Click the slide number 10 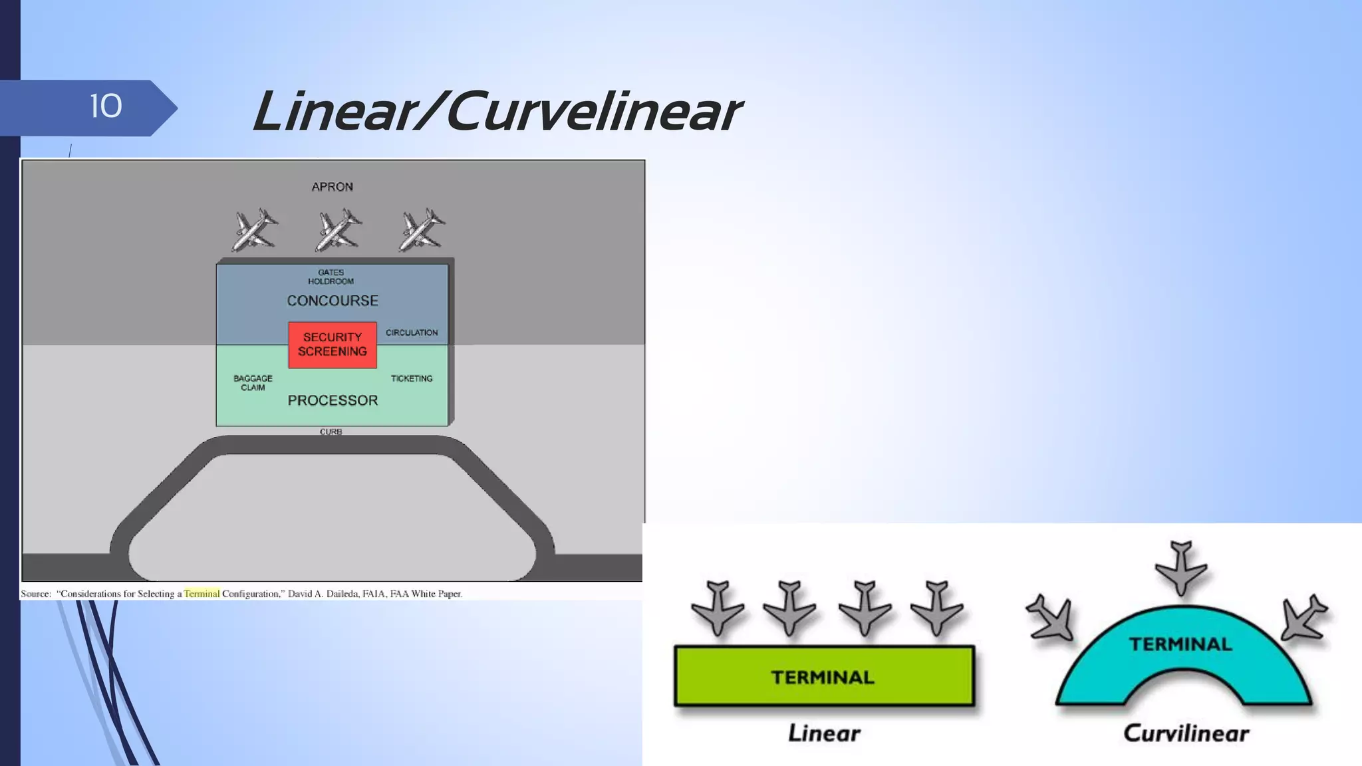106,106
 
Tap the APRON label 332,187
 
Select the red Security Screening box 332,344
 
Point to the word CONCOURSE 333,301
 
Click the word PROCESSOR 333,400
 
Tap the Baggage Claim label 253,382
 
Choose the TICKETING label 412,378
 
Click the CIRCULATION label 412,332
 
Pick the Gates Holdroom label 331,277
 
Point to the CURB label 331,432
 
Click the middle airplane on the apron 338,230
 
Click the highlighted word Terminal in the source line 202,594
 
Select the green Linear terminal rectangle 824,676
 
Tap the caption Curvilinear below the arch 1186,733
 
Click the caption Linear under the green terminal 824,733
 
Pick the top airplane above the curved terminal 1181,567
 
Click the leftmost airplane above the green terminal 718,608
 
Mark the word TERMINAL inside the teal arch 1180,644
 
